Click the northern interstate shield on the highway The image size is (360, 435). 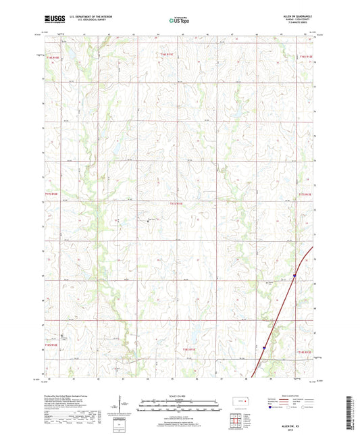coord(295,275)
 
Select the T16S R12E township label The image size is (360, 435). coord(305,56)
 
